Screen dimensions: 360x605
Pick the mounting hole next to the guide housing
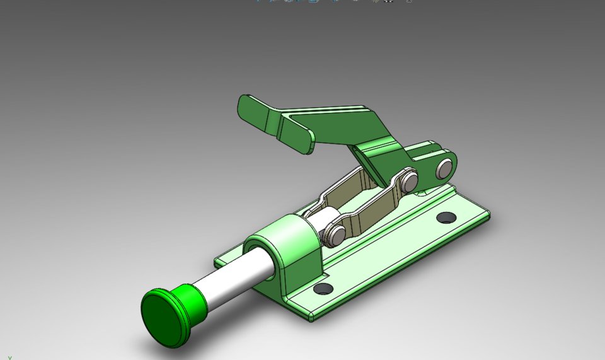[x=323, y=289]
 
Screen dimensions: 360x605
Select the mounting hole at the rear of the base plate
[x=446, y=218]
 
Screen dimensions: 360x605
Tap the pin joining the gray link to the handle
[x=410, y=182]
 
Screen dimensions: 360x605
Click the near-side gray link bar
[x=372, y=209]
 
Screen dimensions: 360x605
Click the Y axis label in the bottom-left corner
[x=9, y=357]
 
